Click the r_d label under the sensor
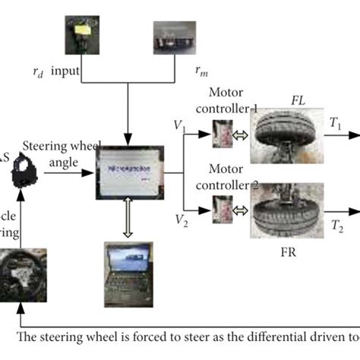click(x=38, y=73)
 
